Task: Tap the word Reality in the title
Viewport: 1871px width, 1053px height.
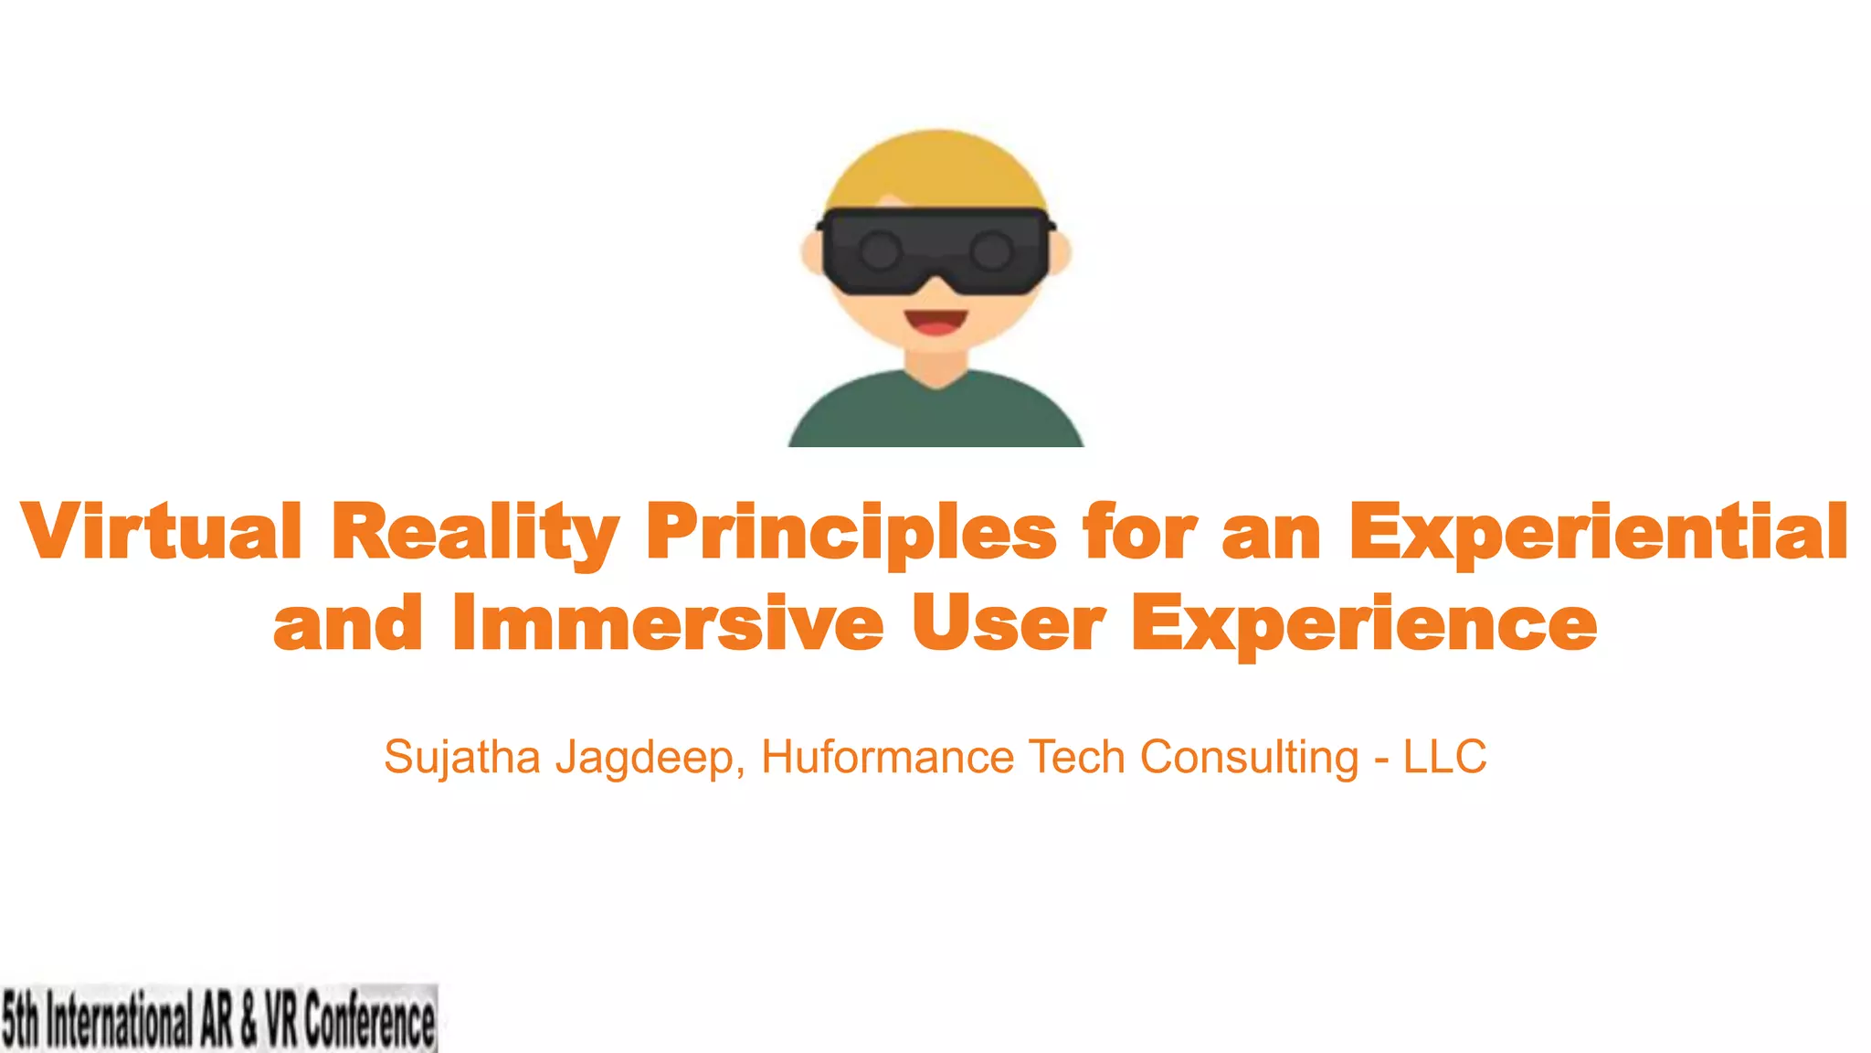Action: [x=474, y=532]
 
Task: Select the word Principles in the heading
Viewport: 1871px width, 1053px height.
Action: [x=851, y=532]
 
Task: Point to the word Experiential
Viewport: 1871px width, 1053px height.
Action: [x=1599, y=532]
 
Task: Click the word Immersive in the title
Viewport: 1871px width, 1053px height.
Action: [x=668, y=622]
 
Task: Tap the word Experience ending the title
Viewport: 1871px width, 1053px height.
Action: [x=1364, y=624]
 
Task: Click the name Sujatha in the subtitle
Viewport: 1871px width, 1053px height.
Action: [x=462, y=758]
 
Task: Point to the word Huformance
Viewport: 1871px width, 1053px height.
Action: [x=887, y=758]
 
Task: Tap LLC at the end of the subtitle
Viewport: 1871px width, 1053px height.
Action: [x=1444, y=758]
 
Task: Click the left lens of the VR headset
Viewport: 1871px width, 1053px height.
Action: [x=881, y=250]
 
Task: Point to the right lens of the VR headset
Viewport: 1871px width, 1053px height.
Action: [x=991, y=250]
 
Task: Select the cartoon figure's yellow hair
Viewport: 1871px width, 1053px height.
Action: [x=935, y=169]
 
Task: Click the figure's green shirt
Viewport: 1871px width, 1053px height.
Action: [x=935, y=416]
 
